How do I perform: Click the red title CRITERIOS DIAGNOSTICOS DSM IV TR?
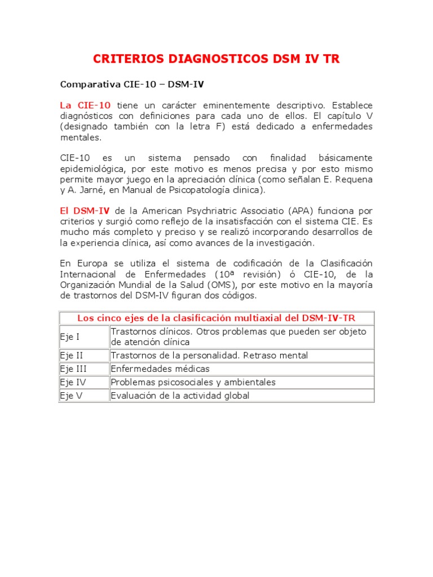(x=216, y=59)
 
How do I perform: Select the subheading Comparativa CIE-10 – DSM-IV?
(x=132, y=85)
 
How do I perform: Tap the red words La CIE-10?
(x=85, y=105)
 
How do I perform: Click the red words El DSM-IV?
(x=85, y=211)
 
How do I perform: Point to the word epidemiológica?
(x=89, y=169)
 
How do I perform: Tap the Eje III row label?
(x=73, y=369)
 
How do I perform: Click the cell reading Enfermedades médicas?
(x=160, y=369)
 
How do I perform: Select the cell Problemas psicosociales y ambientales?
(x=193, y=383)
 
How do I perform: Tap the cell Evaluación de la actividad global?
(x=180, y=396)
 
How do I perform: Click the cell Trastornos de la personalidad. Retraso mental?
(x=209, y=356)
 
